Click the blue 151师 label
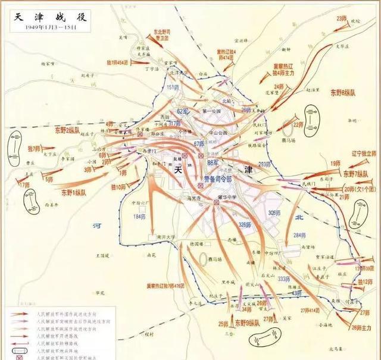[172, 87]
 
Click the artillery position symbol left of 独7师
[15, 146]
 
